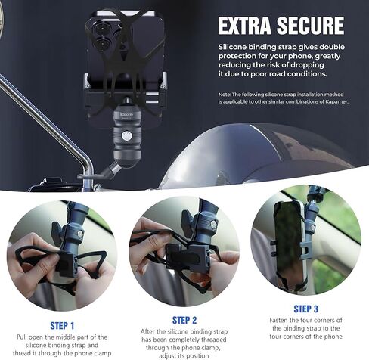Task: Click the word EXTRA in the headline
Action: [244, 26]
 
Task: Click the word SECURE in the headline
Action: [310, 26]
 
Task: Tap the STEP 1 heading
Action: [62, 326]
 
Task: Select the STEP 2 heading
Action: [184, 320]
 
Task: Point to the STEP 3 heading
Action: [305, 309]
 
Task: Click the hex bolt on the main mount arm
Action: [126, 136]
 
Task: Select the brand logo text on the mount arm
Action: [126, 115]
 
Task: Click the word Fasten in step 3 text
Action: [279, 321]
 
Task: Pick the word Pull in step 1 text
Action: [22, 337]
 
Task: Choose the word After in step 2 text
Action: [147, 331]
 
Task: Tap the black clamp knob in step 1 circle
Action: [57, 232]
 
